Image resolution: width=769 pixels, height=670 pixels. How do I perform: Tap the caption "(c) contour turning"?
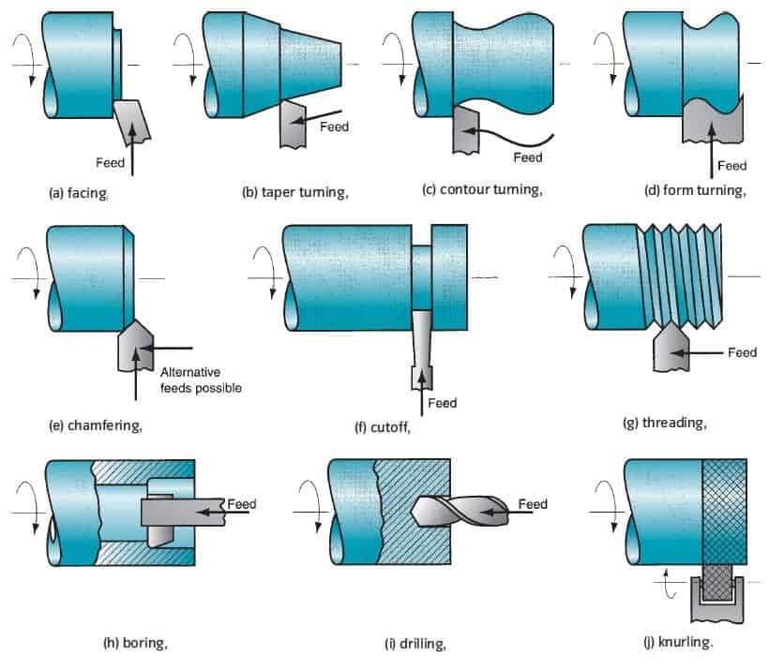click(482, 189)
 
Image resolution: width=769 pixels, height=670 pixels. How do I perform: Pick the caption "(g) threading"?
click(664, 422)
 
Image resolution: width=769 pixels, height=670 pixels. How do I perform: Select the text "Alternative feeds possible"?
click(201, 380)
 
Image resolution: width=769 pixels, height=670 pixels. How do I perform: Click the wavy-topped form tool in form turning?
click(711, 122)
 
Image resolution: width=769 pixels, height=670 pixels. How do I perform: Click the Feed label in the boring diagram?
click(242, 504)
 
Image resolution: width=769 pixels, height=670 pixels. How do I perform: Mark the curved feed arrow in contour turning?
click(516, 140)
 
